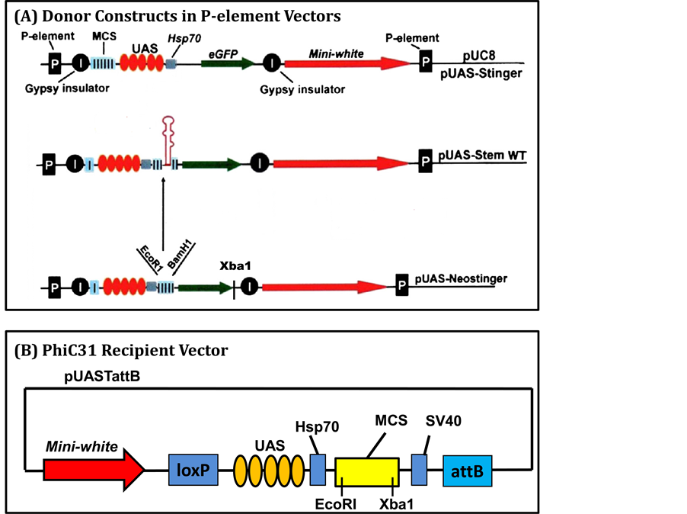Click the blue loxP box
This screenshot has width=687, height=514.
click(194, 467)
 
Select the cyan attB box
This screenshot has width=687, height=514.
click(468, 467)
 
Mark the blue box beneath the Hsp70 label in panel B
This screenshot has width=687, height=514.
click(318, 467)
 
